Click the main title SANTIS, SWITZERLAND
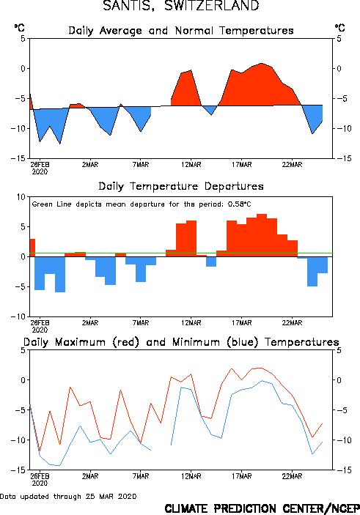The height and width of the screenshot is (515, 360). tap(181, 6)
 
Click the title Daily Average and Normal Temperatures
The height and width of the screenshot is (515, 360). tap(181, 31)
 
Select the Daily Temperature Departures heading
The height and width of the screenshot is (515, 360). tap(181, 186)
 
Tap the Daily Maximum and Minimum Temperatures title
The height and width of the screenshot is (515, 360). tap(181, 342)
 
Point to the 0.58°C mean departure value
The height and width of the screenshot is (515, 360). tap(239, 204)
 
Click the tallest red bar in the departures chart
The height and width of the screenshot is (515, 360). tap(262, 235)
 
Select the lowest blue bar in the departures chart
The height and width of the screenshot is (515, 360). tap(60, 274)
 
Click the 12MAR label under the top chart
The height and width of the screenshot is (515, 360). tap(191, 165)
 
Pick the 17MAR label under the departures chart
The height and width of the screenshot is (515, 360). tap(242, 323)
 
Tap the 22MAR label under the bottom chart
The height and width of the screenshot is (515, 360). tap(292, 476)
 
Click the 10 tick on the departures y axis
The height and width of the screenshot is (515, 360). tap(21, 197)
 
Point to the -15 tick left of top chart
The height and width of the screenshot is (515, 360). tap(18, 159)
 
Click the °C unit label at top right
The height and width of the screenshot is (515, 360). tap(340, 28)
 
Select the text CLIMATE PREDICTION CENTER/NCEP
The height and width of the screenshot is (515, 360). tap(262, 508)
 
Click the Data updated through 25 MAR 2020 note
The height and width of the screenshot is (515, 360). tap(68, 496)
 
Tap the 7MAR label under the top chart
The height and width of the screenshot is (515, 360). tap(141, 165)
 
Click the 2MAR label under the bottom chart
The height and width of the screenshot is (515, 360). tap(90, 476)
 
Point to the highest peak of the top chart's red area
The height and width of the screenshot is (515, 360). tap(262, 64)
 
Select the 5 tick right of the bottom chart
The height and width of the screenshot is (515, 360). tap(339, 350)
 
